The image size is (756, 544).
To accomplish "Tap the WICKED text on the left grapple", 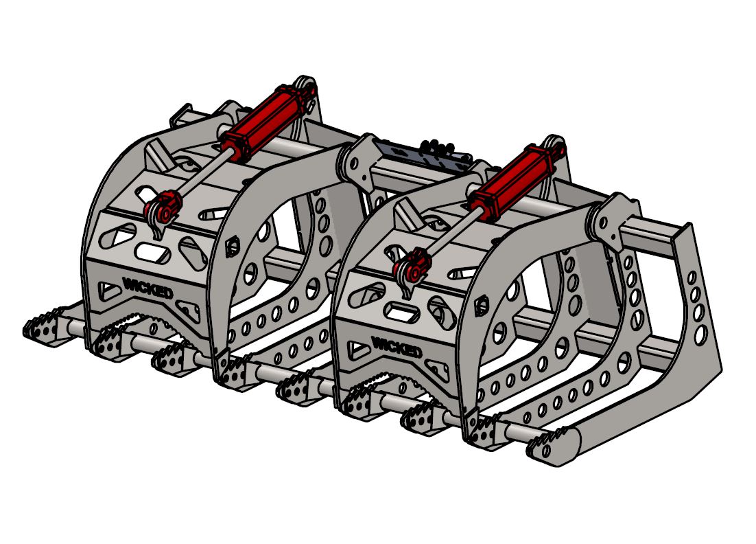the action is click(x=147, y=286).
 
